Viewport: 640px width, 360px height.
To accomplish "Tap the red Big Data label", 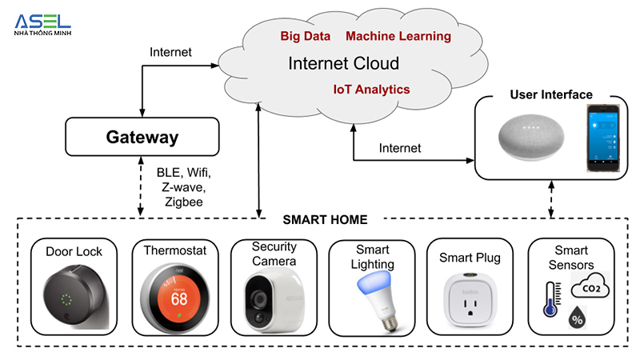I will [306, 37].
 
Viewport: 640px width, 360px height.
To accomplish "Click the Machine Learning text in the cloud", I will [398, 37].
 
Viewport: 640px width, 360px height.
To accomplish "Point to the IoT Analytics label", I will [371, 89].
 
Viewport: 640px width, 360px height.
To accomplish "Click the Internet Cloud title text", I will [343, 63].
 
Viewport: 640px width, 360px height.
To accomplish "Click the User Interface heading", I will [551, 95].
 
